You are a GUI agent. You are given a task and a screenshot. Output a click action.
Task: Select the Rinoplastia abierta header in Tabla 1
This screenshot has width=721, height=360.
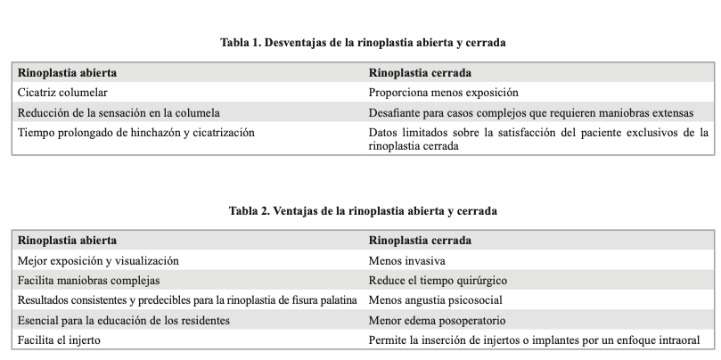tap(68, 72)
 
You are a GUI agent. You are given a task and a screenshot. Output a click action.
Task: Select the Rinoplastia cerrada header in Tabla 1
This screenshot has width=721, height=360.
tap(420, 72)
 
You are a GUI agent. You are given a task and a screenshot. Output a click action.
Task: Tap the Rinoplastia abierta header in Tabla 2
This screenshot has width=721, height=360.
tap(68, 241)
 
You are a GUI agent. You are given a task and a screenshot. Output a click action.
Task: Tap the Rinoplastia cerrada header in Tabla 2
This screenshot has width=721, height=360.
tap(420, 241)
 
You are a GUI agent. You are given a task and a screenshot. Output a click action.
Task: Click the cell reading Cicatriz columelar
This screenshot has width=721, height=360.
tap(64, 92)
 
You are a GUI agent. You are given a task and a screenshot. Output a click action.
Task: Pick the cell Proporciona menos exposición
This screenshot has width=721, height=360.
tap(443, 92)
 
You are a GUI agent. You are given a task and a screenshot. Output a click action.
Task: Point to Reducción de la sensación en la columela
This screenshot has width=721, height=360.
tap(119, 112)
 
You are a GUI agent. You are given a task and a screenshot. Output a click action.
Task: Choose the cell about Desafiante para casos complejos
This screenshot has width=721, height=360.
tap(530, 112)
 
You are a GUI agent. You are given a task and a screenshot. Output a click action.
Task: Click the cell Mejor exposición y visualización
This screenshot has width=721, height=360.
tap(98, 261)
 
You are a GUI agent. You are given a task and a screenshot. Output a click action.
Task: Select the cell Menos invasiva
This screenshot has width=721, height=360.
tap(406, 261)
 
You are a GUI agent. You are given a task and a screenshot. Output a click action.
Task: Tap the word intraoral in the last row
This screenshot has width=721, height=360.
tap(679, 340)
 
